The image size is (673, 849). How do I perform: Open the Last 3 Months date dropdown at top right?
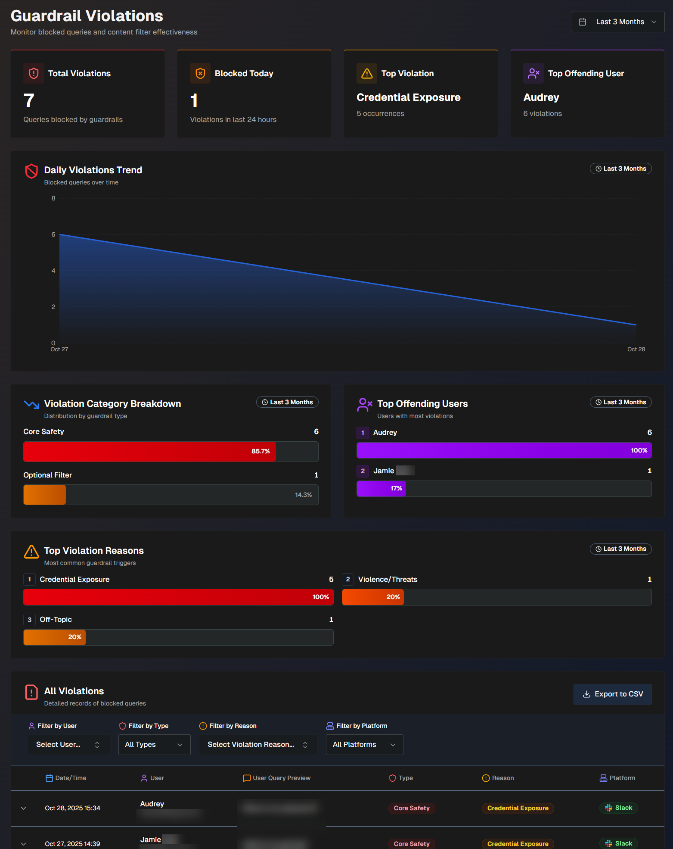[x=618, y=22]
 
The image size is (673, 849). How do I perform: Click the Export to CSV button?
[x=612, y=694]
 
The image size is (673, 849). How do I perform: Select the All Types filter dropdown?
[x=154, y=745]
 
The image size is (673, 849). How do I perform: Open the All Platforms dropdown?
[x=364, y=745]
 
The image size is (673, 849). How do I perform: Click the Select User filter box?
[x=68, y=745]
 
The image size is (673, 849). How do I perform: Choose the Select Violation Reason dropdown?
[x=257, y=745]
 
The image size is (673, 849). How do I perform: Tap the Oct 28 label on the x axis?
[x=636, y=350]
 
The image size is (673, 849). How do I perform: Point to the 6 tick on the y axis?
[x=53, y=234]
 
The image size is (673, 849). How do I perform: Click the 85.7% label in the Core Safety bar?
[x=261, y=451]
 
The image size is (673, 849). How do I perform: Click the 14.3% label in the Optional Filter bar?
[x=303, y=495]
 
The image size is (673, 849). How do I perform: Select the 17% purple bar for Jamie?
[x=381, y=489]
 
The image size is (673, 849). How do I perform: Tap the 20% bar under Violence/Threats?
[x=373, y=597]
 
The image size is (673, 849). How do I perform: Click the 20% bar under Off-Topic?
[x=55, y=637]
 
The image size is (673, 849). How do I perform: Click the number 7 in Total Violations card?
[x=29, y=101]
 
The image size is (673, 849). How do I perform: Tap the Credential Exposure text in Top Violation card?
[x=408, y=97]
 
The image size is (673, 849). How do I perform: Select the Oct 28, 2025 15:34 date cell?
[x=72, y=808]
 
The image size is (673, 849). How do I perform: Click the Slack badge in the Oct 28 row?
[x=619, y=808]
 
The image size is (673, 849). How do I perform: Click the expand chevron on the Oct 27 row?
[x=24, y=844]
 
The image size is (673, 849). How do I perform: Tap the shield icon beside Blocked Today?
[x=200, y=74]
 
